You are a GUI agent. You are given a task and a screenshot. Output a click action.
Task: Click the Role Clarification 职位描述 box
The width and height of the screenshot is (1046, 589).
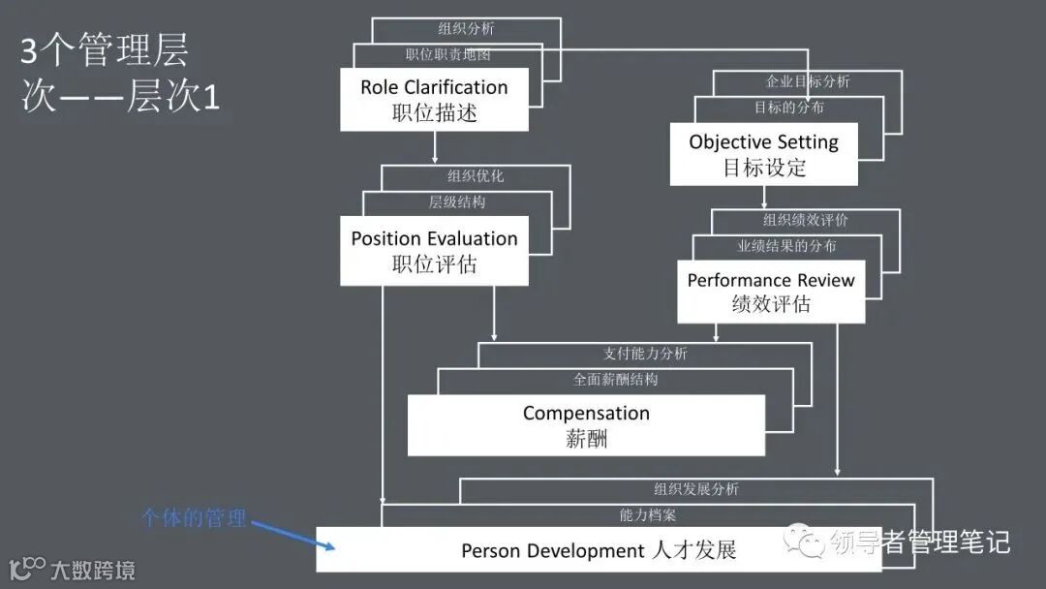click(x=434, y=99)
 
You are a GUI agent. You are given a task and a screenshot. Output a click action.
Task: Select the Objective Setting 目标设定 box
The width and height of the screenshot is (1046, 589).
click(x=763, y=154)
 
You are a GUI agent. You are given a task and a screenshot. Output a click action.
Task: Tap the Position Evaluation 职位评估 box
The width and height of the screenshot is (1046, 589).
click(x=434, y=251)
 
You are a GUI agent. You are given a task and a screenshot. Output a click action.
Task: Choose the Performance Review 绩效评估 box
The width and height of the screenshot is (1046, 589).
click(x=771, y=292)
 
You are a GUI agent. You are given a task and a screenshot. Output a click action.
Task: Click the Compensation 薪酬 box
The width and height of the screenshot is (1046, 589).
click(x=586, y=425)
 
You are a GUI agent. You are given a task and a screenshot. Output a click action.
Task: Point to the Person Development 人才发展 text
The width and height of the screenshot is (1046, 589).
click(x=599, y=551)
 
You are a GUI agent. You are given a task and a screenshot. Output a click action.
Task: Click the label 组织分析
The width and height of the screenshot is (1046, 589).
click(x=466, y=29)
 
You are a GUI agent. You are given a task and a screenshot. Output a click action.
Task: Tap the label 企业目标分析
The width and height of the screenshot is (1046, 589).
click(x=808, y=81)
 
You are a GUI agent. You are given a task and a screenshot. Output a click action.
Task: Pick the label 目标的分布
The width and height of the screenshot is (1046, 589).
click(x=789, y=108)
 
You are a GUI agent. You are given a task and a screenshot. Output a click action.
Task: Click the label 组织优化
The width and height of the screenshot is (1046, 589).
click(x=476, y=176)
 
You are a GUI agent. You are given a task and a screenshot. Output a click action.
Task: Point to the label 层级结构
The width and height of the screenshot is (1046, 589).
click(x=457, y=202)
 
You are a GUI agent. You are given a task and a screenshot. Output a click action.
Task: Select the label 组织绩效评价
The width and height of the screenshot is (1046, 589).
click(x=805, y=220)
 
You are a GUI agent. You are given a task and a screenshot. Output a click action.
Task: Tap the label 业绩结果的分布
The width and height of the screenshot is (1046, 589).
click(x=786, y=246)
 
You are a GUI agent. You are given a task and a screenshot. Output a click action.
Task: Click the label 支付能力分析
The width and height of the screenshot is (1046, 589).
click(x=645, y=354)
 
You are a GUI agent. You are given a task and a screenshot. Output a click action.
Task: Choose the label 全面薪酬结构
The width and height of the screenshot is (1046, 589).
click(x=615, y=380)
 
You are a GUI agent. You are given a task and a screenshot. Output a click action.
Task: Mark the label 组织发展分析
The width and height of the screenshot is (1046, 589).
click(x=695, y=490)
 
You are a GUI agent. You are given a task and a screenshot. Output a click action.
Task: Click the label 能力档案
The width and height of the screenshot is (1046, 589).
click(x=648, y=516)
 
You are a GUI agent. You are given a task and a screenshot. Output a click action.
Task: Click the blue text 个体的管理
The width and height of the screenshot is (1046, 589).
click(x=195, y=518)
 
